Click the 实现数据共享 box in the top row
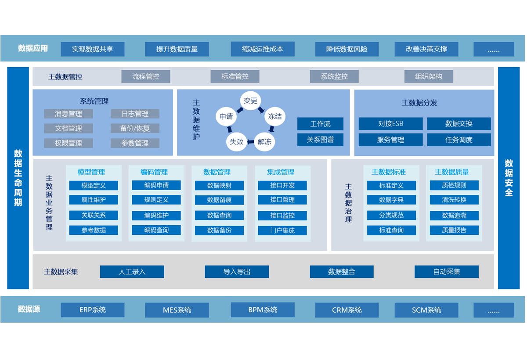(x=92, y=49)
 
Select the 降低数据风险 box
(x=347, y=49)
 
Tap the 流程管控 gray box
(x=146, y=76)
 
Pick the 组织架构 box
(x=428, y=76)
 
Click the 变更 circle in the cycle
(x=250, y=101)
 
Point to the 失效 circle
(x=236, y=141)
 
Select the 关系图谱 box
(x=320, y=140)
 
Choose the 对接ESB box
(x=390, y=124)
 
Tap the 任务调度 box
(x=458, y=140)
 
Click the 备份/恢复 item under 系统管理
(x=135, y=128)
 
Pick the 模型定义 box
(x=94, y=185)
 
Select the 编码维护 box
(x=156, y=216)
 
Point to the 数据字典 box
(x=391, y=200)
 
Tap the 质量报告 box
(x=454, y=230)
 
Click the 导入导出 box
(x=237, y=272)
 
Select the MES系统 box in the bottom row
(x=177, y=310)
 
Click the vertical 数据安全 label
(x=509, y=178)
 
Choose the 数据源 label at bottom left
(x=29, y=309)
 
